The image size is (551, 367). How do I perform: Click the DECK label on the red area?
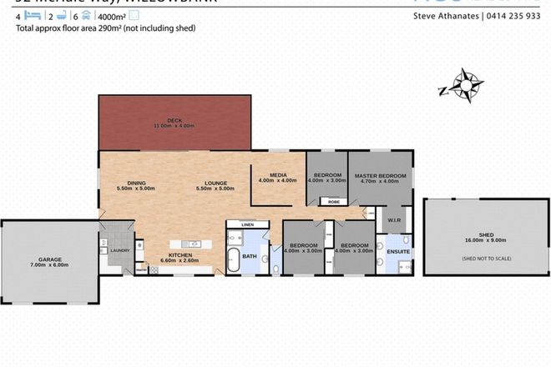pos(174,122)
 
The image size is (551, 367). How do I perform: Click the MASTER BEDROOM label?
pos(380,176)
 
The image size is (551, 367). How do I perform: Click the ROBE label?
pos(333,201)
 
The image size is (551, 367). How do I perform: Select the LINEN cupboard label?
pos(247,224)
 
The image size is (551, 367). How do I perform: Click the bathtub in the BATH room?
pos(236,259)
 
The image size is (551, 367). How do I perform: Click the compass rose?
pos(460,85)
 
